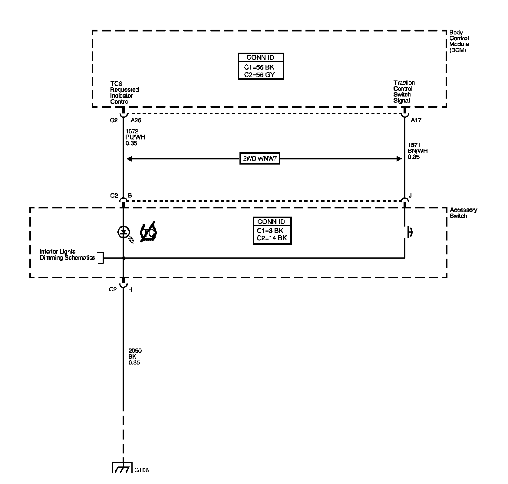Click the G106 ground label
coord(141,470)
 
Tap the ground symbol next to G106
coord(123,467)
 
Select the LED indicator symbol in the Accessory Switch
coord(123,232)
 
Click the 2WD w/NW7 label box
coord(260,159)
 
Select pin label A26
coord(136,120)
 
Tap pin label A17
coord(416,120)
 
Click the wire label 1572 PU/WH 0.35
coord(135,137)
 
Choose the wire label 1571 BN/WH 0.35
coord(417,151)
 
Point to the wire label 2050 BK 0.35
coord(135,357)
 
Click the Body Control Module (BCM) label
coord(459,41)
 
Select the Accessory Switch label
coord(463,213)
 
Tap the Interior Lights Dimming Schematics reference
coord(67,255)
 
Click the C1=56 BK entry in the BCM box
coord(259,67)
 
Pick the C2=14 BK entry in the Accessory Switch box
coord(272,238)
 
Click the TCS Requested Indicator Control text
coord(124,93)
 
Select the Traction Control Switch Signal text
coord(404,91)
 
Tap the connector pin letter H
coord(130,290)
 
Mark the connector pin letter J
coord(410,195)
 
